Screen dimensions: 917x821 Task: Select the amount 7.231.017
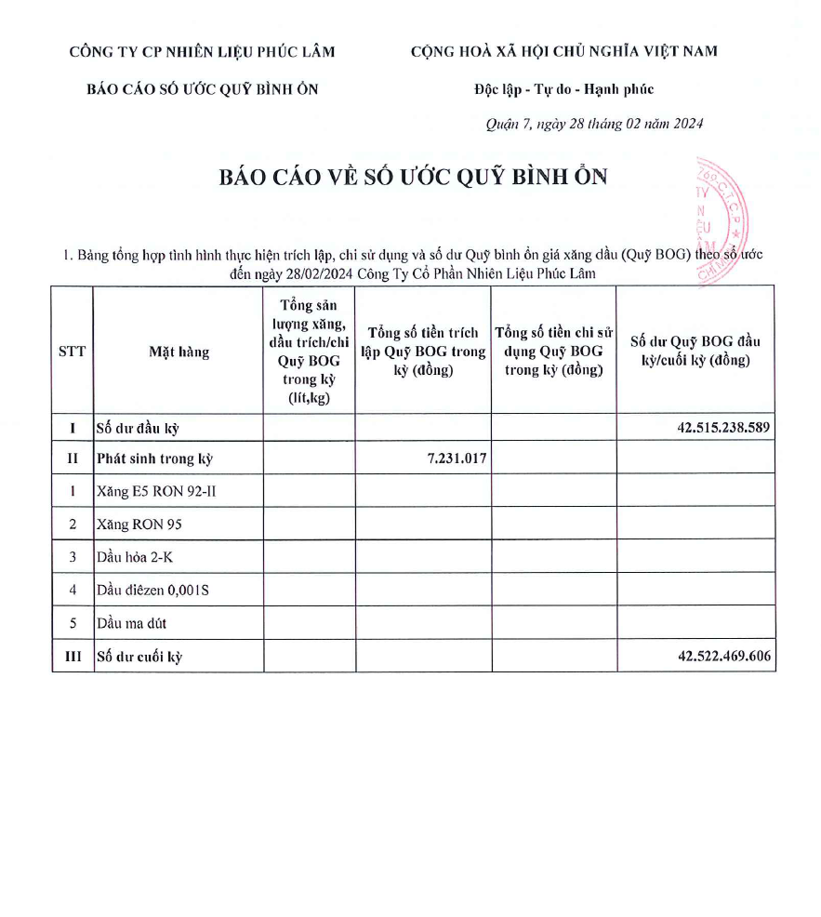click(x=454, y=458)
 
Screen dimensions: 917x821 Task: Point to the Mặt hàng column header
click(x=179, y=352)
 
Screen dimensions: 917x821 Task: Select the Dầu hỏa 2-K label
click(x=135, y=557)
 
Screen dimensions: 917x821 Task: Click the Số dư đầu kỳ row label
click(x=137, y=429)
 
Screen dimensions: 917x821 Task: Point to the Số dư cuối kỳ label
click(x=139, y=657)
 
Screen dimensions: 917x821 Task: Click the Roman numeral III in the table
click(x=73, y=657)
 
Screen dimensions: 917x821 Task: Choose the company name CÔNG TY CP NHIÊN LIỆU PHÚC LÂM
click(x=202, y=52)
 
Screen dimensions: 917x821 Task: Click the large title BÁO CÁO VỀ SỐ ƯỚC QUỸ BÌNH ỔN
click(x=413, y=178)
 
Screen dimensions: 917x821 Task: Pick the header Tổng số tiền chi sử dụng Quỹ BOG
click(x=553, y=352)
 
